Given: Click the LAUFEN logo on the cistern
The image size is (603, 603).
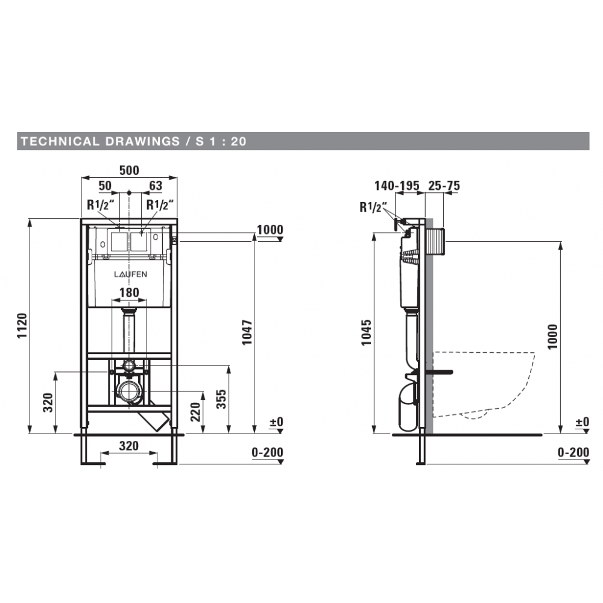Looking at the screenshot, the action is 130,274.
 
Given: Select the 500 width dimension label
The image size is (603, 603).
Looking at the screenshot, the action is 129,170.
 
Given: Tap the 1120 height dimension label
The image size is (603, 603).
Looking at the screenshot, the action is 22,326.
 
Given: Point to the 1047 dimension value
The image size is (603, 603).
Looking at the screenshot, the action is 247,332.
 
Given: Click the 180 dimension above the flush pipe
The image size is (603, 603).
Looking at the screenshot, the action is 129,292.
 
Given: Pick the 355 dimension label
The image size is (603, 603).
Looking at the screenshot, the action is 221,399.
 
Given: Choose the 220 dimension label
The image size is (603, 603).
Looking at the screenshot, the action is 196,412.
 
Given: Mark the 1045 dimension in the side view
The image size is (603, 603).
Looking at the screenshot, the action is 367,332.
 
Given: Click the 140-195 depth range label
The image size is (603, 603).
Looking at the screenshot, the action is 397,186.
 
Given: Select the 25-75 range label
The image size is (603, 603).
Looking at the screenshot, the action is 444,186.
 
